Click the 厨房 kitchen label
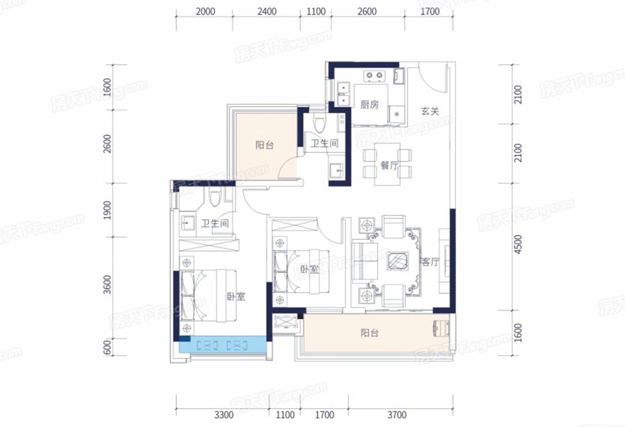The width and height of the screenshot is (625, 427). (370, 105)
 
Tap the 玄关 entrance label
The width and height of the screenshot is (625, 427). (430, 111)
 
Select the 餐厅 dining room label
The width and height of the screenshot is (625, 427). (389, 166)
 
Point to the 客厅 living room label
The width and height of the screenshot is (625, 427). (429, 262)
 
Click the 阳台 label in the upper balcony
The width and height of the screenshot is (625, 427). (264, 145)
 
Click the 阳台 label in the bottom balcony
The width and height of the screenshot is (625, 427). (369, 333)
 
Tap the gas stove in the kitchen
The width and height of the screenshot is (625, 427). (375, 75)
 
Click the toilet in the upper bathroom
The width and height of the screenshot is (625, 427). (319, 123)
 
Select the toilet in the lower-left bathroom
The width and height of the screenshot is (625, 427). (215, 196)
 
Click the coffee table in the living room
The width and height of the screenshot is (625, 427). (398, 261)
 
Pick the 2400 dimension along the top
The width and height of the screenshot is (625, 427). (267, 12)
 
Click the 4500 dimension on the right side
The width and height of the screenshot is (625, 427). (518, 244)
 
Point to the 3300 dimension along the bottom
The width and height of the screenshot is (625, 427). (224, 415)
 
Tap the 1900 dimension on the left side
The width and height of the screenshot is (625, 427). (107, 210)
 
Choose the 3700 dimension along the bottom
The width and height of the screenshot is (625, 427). (397, 415)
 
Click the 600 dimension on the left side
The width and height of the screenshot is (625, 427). (107, 347)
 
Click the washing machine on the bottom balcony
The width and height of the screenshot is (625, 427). (441, 328)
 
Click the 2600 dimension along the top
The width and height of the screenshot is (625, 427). (367, 12)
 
